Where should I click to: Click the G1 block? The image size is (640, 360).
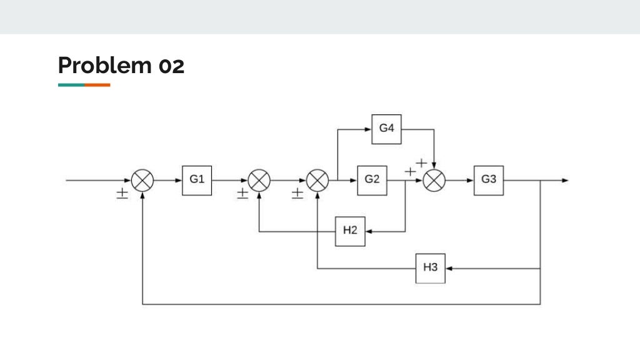[x=197, y=180]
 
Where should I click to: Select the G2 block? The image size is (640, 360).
[x=372, y=180]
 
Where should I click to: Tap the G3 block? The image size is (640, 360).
[x=489, y=180]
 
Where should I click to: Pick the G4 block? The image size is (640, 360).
[x=386, y=129]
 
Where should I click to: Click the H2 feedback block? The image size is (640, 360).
[x=350, y=231]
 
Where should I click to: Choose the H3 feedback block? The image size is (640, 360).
[x=431, y=268]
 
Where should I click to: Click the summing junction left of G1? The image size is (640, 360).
[x=143, y=181]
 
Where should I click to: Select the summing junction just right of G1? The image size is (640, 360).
[x=259, y=181]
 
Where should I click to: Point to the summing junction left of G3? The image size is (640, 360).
[x=434, y=181]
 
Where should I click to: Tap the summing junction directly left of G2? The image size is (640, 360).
[x=318, y=181]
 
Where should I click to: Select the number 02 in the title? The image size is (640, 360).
[x=171, y=65]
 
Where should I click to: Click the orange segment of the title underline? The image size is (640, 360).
[x=97, y=84]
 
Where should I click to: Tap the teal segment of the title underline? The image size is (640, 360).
[x=71, y=84]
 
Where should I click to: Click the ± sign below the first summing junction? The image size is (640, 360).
[x=122, y=194]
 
